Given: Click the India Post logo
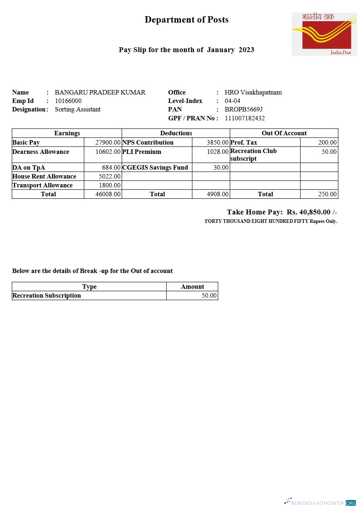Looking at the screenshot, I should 324,34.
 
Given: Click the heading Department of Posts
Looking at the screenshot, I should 186,20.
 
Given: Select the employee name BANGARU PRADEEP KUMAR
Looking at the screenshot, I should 100,92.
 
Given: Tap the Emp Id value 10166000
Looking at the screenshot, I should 68,101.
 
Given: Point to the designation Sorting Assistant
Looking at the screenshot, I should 77,109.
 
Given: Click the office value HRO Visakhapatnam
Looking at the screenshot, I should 253,92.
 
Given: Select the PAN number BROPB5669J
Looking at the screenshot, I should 244,109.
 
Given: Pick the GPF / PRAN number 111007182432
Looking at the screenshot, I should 245,118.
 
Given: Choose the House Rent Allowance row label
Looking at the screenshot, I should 44,176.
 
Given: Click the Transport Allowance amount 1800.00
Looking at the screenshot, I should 110,185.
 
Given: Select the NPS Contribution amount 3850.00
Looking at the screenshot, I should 218,143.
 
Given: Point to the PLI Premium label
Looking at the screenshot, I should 142,152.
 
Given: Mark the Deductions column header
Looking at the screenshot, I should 176,133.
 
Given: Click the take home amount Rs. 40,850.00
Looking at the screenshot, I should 309,212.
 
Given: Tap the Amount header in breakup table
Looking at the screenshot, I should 192,287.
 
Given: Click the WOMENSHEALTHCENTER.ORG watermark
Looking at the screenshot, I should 320,503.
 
